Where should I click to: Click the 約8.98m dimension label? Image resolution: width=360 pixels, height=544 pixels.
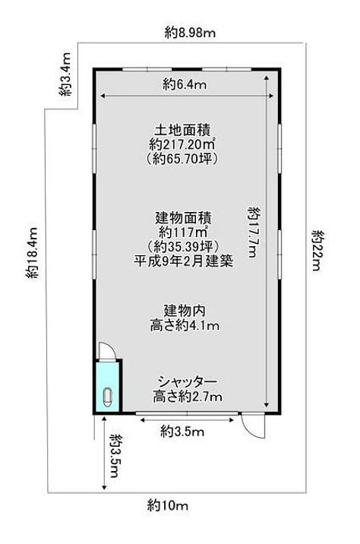point(190,33)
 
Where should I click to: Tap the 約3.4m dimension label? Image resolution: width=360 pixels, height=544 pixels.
point(65,74)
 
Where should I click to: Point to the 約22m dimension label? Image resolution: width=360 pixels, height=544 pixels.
point(317,250)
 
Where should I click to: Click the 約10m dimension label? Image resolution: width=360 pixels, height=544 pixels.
point(167,504)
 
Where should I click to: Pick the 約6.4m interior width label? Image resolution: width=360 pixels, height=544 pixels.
point(184,84)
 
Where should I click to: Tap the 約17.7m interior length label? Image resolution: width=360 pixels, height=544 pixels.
point(254,232)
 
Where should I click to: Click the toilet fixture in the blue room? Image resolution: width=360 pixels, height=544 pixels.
point(108,397)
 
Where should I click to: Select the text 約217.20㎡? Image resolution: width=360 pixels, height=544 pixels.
point(182,144)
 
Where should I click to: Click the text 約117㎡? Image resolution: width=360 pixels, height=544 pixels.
point(183,232)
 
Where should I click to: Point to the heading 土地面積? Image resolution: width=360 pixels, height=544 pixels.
point(182,130)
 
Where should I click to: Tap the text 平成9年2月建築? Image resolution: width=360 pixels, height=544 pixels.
point(184,261)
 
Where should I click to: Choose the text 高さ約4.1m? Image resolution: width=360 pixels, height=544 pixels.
point(184,325)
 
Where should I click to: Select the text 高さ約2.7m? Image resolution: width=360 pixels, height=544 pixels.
point(188,396)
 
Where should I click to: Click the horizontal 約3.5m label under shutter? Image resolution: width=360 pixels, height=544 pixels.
point(182,432)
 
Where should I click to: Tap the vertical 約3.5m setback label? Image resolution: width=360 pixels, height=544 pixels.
point(115,455)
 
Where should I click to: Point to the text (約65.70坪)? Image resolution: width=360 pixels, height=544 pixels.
point(182,159)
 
